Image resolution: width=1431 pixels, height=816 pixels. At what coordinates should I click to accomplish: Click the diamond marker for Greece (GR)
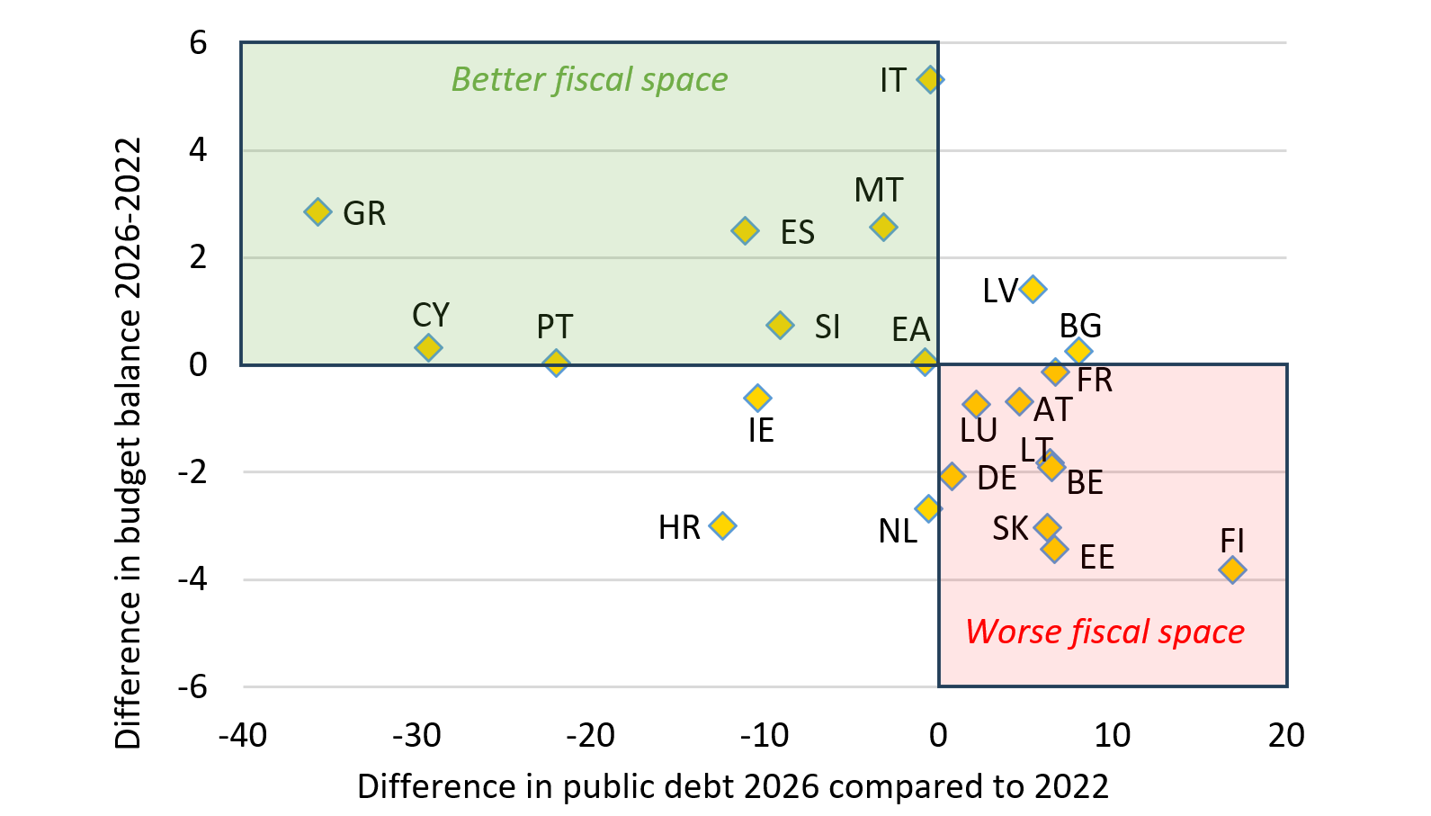tap(318, 212)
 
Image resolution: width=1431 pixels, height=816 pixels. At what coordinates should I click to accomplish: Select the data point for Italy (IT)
tap(930, 80)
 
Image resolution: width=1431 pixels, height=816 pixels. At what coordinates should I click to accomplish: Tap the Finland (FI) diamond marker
tap(1232, 569)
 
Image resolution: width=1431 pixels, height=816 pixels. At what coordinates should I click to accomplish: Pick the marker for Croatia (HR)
tap(722, 525)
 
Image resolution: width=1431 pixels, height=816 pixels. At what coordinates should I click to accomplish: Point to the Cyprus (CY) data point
tap(428, 347)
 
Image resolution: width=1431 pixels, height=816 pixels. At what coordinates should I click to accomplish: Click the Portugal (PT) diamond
tap(556, 363)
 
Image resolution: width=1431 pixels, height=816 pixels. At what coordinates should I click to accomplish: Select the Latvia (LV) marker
tap(1033, 289)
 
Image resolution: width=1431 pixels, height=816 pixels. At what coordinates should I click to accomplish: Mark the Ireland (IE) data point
tap(757, 398)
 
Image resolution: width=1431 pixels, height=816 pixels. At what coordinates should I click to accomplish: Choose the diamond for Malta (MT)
tap(884, 227)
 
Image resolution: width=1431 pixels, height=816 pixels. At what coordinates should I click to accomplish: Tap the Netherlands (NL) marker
tap(927, 508)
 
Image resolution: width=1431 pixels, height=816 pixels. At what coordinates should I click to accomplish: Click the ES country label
tap(797, 233)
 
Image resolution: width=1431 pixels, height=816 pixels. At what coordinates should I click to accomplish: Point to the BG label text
tap(1080, 326)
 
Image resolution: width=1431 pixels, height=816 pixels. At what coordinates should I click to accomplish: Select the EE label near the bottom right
tap(1096, 558)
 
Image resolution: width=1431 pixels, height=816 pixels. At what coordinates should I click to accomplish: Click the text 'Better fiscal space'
tap(589, 80)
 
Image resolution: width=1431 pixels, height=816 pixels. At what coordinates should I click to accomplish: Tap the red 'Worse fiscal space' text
tap(1105, 632)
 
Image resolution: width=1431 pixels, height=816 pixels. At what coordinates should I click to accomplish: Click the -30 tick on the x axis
tap(416, 736)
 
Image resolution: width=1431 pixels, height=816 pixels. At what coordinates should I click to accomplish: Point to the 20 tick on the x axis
tap(1286, 736)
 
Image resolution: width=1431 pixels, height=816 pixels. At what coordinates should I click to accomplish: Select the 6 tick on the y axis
tap(198, 42)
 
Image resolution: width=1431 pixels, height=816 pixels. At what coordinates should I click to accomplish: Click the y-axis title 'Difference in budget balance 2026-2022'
tap(129, 443)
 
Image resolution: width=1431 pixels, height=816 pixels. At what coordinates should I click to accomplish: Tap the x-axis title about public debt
tap(732, 787)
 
